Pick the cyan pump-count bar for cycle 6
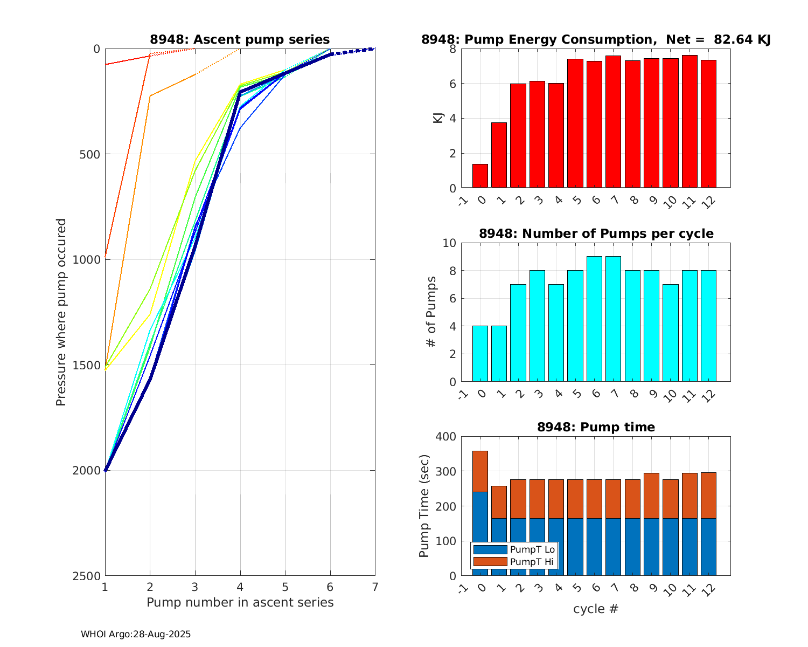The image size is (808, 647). pos(594,319)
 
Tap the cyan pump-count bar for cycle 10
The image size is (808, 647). pos(670,333)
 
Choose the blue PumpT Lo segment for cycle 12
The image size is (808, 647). pos(708,547)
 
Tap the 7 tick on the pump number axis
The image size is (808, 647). pos(375,587)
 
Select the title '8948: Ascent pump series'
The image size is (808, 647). pos(240,39)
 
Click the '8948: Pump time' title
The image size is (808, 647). pos(596,427)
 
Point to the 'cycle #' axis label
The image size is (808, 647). pos(596,609)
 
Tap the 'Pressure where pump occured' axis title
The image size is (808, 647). pos(61,312)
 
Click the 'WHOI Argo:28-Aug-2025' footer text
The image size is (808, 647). pos(136,635)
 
